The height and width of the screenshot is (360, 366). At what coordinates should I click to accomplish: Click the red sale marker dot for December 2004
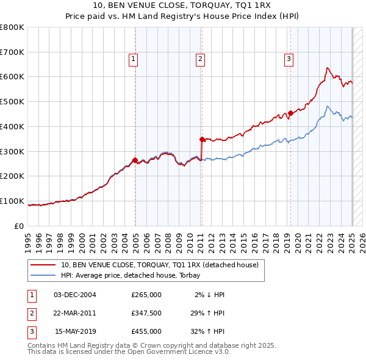(x=135, y=160)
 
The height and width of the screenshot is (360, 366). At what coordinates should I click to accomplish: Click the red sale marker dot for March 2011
(x=202, y=139)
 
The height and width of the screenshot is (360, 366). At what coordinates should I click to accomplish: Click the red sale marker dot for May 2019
(x=290, y=112)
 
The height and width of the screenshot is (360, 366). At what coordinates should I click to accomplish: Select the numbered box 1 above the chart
(x=133, y=59)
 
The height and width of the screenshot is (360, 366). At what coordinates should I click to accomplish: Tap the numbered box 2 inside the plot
(x=200, y=59)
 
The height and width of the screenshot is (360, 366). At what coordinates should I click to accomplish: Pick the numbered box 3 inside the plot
(x=289, y=59)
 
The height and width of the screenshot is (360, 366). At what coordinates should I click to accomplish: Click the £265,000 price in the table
(x=146, y=294)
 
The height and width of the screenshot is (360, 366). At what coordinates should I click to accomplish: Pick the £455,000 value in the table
(x=146, y=331)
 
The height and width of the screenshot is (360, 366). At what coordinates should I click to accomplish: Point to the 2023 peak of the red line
(x=328, y=68)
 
